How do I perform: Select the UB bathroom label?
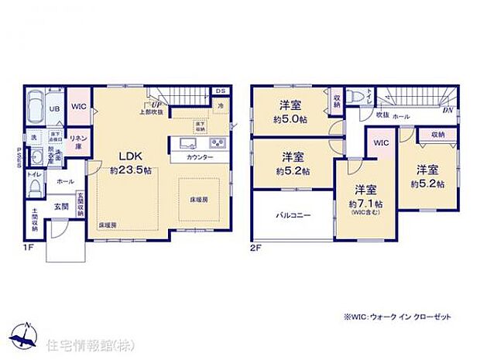point(55,108)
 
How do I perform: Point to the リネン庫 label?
point(77,141)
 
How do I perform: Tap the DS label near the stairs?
point(220,91)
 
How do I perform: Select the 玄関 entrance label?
point(60,206)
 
